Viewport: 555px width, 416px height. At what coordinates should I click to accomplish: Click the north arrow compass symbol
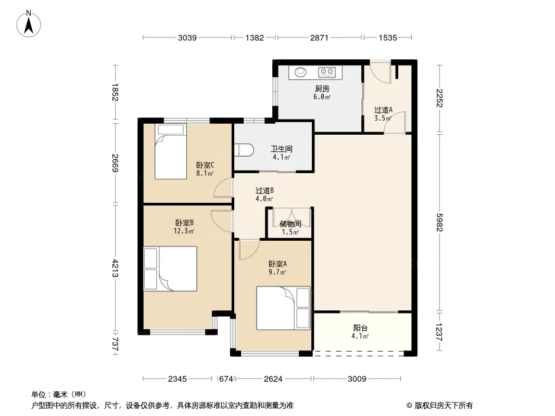pyautogui.click(x=29, y=24)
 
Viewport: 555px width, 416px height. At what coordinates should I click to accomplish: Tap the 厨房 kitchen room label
pyautogui.click(x=322, y=89)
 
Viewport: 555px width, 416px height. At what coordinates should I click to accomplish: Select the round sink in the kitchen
pyautogui.click(x=300, y=72)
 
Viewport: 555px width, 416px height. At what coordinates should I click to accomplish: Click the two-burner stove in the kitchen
pyautogui.click(x=327, y=72)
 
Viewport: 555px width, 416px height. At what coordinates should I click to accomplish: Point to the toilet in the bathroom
pyautogui.click(x=244, y=150)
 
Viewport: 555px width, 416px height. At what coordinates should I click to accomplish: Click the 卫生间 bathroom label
pyautogui.click(x=281, y=149)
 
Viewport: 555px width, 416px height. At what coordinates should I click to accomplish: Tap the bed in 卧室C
pyautogui.click(x=171, y=151)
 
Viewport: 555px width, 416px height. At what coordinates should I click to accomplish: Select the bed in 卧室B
pyautogui.click(x=170, y=269)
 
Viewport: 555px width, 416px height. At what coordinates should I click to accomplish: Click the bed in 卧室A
pyautogui.click(x=283, y=308)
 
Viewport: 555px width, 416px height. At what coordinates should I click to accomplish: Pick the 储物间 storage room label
pyautogui.click(x=290, y=224)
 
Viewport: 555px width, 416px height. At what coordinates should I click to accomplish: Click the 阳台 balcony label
pyautogui.click(x=360, y=328)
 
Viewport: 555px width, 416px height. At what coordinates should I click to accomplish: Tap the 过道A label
pyautogui.click(x=383, y=110)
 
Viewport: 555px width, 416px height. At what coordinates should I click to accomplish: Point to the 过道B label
pyautogui.click(x=264, y=190)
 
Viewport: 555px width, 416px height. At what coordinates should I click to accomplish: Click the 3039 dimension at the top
pyautogui.click(x=187, y=37)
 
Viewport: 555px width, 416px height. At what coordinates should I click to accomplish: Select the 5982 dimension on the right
pyautogui.click(x=439, y=223)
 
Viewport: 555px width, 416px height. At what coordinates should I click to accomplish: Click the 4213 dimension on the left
pyautogui.click(x=116, y=268)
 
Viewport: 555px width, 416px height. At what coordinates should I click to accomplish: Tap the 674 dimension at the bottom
pyautogui.click(x=226, y=379)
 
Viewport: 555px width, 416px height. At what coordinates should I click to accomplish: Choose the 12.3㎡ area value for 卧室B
pyautogui.click(x=184, y=231)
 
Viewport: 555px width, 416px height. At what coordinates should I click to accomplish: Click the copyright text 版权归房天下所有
pyautogui.click(x=444, y=406)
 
